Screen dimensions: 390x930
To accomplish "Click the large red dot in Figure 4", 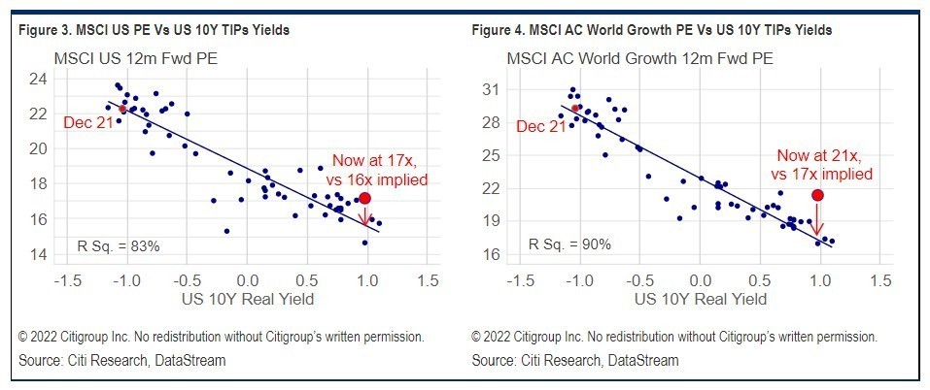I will pos(818,195).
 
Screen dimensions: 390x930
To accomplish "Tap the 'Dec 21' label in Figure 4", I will pos(541,127).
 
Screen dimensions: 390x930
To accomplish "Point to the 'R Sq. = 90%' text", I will pos(569,244).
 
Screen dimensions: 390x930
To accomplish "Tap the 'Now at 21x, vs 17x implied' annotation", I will pos(821,165).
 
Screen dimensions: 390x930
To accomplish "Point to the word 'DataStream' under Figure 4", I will pos(645,360).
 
